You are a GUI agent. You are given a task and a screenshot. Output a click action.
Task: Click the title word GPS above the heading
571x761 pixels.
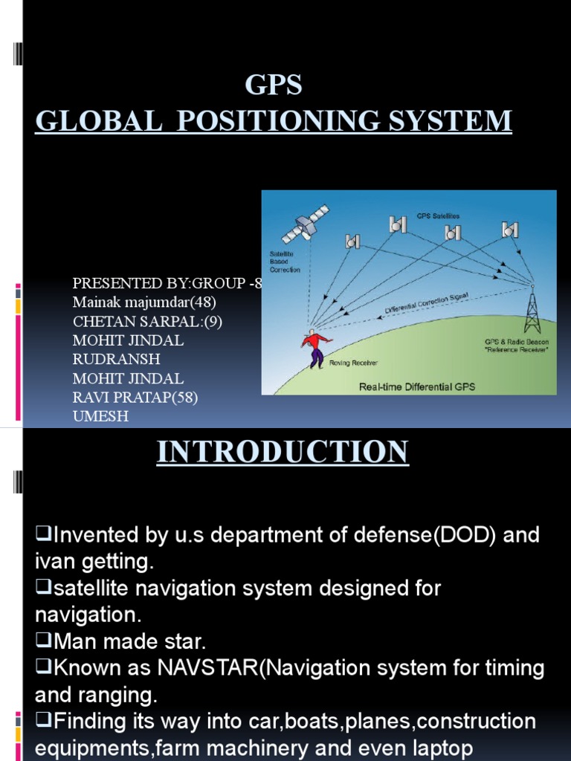click(274, 86)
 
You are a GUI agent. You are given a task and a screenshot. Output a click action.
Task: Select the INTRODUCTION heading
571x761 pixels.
click(283, 452)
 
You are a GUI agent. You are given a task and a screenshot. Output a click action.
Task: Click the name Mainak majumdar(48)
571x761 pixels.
click(144, 302)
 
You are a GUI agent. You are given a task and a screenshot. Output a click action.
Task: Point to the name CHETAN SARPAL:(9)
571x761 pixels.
click(147, 322)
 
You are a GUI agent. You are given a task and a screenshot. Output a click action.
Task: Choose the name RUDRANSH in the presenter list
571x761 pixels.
click(116, 360)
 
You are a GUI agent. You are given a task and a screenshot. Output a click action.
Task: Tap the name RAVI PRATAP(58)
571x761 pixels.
click(135, 398)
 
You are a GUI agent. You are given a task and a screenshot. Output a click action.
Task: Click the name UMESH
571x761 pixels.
click(100, 416)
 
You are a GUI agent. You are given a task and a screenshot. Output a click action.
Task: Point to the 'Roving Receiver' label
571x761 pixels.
click(353, 363)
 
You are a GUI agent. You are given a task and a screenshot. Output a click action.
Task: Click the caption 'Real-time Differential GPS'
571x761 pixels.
click(417, 386)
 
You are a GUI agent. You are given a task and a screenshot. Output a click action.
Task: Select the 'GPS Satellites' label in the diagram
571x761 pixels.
click(438, 216)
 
